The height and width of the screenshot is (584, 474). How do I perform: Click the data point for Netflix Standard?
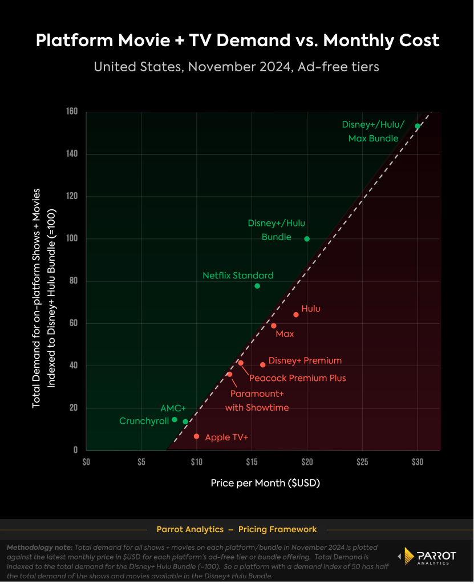257,286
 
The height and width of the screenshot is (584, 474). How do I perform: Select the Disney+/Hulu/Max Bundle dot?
418,126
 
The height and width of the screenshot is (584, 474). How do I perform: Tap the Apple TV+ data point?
196,436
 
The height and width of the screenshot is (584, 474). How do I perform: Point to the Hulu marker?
296,315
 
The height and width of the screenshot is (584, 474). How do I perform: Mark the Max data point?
274,326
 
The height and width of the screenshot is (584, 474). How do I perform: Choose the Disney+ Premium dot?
263,365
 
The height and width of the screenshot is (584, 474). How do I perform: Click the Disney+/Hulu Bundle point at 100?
307,239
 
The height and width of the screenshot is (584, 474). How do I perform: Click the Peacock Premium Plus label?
297,378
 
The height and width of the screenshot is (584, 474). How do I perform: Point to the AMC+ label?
173,408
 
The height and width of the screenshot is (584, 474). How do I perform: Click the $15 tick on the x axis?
252,461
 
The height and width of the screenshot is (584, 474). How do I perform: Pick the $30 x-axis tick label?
418,461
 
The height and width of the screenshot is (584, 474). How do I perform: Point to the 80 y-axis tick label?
73,281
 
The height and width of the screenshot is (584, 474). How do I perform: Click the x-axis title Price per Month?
265,483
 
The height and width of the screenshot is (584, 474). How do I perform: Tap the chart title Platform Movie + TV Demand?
237,40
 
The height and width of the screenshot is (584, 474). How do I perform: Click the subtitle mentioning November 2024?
237,66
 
